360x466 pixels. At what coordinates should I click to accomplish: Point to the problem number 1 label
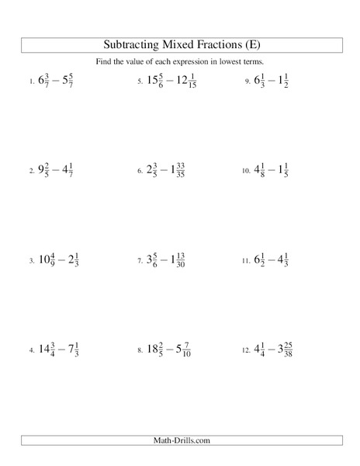32,82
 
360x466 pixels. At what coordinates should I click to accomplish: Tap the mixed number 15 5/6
157,80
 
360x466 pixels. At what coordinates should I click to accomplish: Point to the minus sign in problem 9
275,81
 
